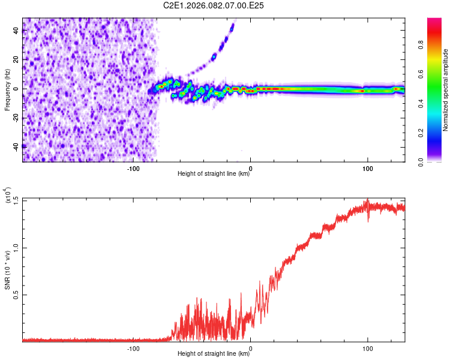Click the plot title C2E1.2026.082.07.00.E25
tap(214, 5)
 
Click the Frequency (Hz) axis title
tap(7, 90)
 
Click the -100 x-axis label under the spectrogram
tap(133, 168)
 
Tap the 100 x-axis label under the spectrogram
tap(367, 168)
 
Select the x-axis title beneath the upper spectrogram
tap(214, 174)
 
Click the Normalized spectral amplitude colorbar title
tap(445, 90)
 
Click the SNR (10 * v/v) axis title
tap(8, 270)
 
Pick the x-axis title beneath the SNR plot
tap(214, 354)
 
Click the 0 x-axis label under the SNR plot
tap(250, 348)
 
